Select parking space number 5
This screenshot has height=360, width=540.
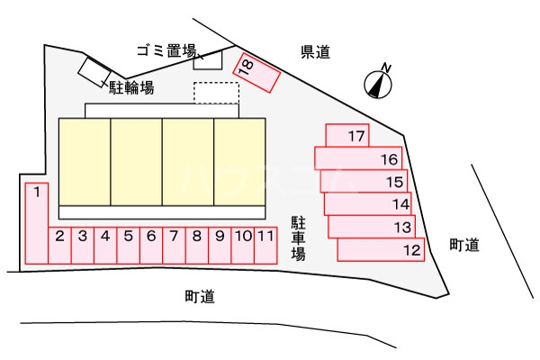129,245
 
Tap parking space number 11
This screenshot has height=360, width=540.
265,245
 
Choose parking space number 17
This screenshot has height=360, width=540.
347,136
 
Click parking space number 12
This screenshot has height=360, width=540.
381,249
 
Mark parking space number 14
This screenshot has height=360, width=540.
368,204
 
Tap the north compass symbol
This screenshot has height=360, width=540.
379,83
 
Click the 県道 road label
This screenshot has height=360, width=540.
316,53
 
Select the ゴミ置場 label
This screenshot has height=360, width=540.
167,52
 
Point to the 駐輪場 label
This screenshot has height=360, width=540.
132,87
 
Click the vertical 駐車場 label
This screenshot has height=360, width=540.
298,238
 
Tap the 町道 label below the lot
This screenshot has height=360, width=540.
200,296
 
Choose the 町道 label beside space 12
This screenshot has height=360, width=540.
464,245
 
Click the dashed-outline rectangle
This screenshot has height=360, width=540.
216,93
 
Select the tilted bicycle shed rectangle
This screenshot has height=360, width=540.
94,70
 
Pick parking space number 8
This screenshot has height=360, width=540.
196,245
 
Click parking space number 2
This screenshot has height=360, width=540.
59,245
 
